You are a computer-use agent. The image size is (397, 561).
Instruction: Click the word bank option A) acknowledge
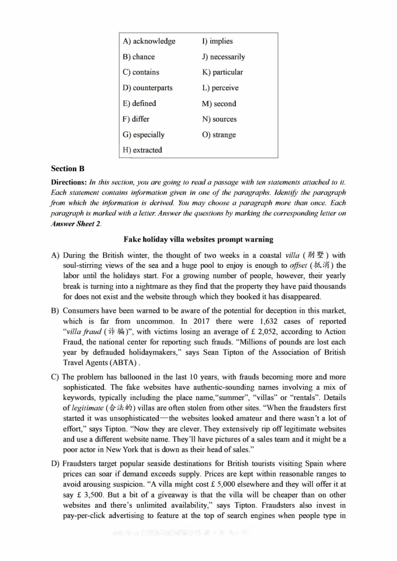tap(149, 41)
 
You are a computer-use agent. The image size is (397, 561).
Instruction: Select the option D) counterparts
tap(147, 88)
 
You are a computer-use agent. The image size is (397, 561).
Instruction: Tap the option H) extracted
tap(142, 150)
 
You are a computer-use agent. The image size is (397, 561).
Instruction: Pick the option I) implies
tap(217, 41)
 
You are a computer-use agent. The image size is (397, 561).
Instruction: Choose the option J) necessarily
tap(223, 57)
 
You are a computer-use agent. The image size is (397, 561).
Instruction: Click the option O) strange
tap(219, 135)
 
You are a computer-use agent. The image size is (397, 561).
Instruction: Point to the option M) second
tap(219, 104)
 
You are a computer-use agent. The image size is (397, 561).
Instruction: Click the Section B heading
tap(68, 169)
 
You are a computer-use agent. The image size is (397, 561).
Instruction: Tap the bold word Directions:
tap(69, 182)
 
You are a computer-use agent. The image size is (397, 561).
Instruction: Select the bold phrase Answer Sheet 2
tap(75, 224)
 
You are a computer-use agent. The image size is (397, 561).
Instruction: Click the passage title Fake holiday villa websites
tap(198, 240)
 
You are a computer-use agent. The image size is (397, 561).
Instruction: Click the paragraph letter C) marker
tap(55, 377)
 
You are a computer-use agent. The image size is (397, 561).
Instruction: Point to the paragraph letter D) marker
tap(55, 464)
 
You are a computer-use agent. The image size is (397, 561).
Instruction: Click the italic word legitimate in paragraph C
tap(87, 408)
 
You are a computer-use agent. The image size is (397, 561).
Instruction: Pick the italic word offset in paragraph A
tap(298, 266)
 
